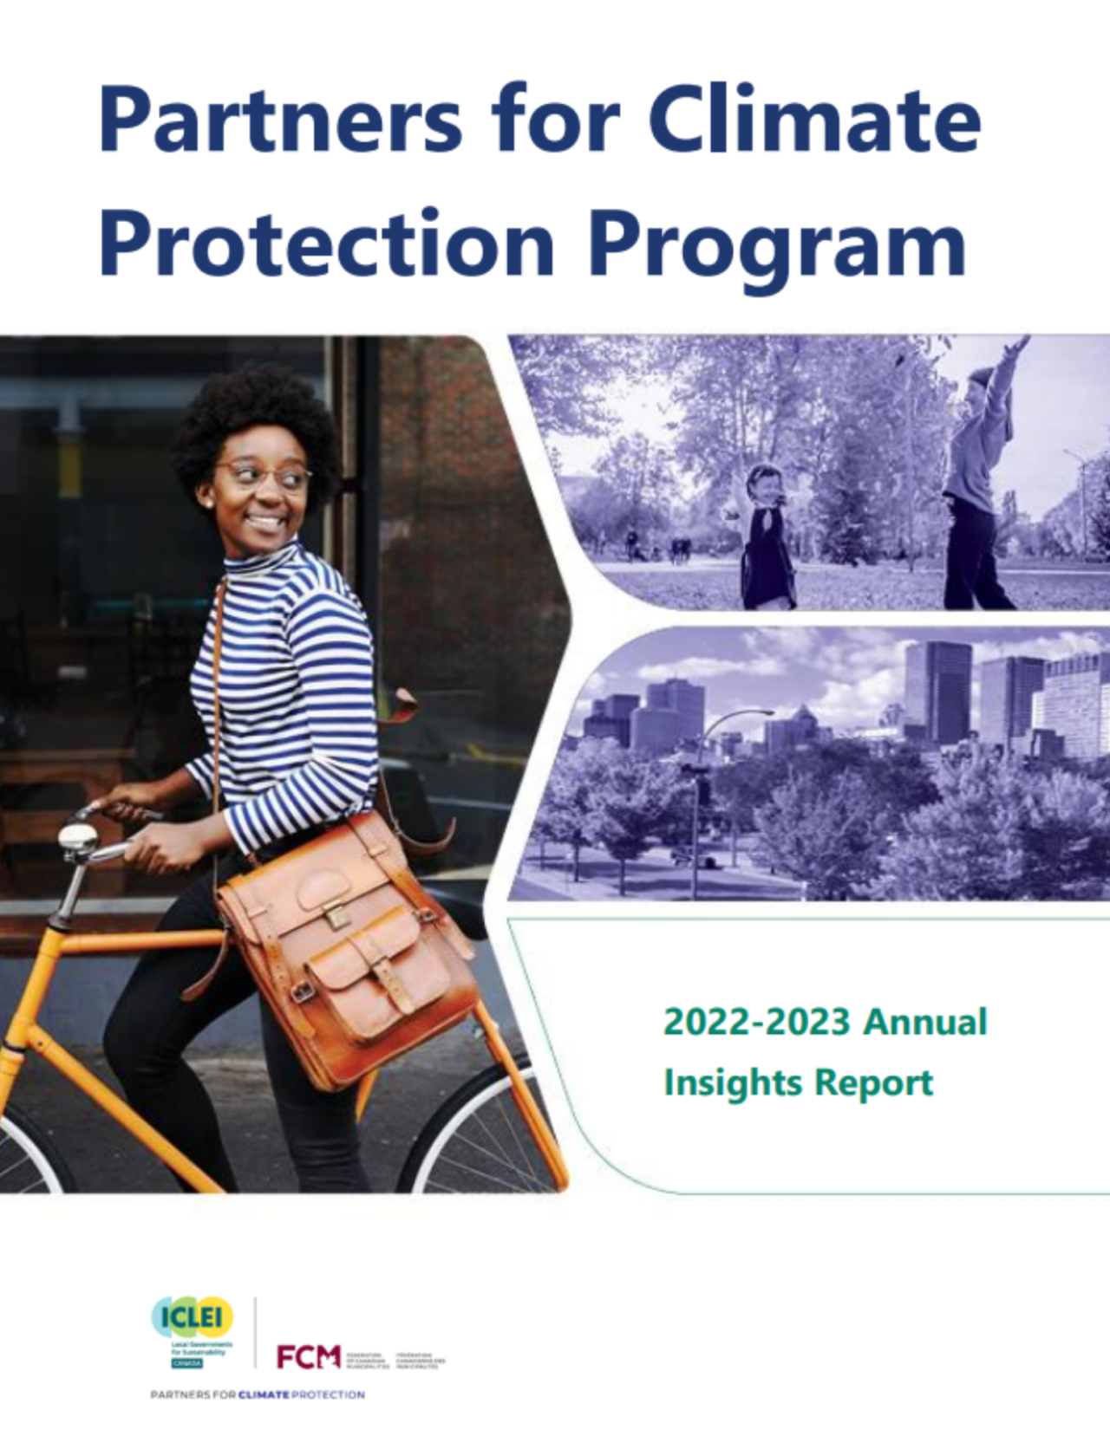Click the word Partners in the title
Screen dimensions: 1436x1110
coord(280,119)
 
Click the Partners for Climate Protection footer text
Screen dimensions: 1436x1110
coord(258,1394)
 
